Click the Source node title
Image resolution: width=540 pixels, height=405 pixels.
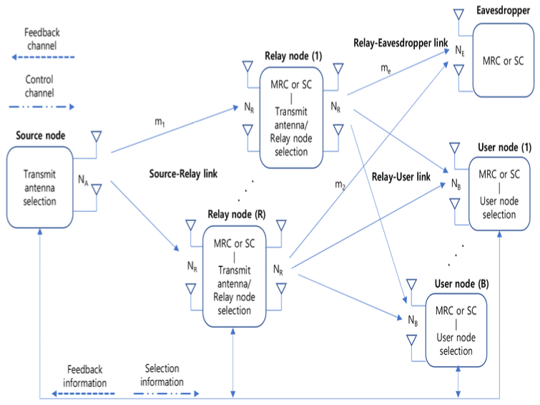coord(36,135)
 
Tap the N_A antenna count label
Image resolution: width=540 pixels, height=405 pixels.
coord(84,181)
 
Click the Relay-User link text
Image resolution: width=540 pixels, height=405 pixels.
coord(401,175)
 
